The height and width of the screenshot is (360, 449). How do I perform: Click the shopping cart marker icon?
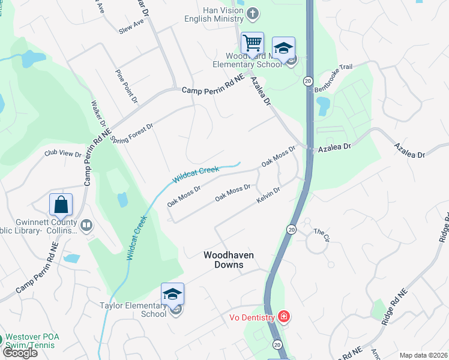(252, 43)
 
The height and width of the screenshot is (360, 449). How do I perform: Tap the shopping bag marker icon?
(61, 205)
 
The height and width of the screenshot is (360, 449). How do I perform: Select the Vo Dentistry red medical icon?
(284, 316)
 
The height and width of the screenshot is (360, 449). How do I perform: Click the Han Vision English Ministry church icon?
(253, 13)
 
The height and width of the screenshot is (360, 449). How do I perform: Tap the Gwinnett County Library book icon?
(86, 226)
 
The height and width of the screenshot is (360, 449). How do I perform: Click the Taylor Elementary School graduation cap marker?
(172, 295)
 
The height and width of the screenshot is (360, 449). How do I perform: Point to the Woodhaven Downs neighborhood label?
(228, 260)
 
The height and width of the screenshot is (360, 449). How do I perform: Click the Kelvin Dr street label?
(268, 195)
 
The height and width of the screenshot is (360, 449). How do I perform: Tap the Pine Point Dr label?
(127, 85)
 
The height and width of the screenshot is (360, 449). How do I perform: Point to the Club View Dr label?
(62, 154)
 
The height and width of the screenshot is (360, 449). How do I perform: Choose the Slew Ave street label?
(131, 25)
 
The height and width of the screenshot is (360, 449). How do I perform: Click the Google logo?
(19, 352)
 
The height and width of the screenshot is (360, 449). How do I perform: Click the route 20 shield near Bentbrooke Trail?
(308, 80)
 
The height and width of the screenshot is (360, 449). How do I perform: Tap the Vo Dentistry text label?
(252, 317)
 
